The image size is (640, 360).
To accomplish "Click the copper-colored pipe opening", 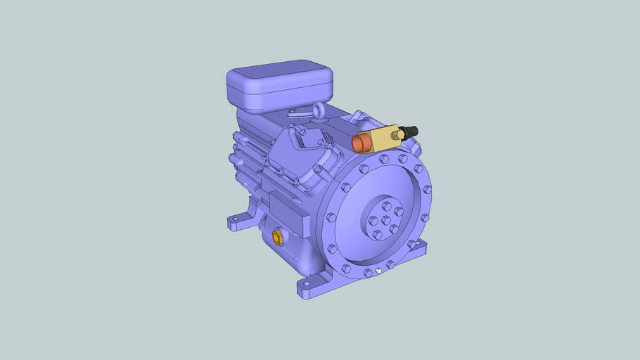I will click(360, 143).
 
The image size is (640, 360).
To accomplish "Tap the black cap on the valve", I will click(411, 131).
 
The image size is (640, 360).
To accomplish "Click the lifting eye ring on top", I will click(319, 110).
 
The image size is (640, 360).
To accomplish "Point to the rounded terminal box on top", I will click(279, 85).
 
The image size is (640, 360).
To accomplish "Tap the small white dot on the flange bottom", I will click(378, 270).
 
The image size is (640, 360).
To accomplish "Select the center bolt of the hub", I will click(385, 220).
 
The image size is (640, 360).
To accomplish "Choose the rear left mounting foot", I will click(238, 222).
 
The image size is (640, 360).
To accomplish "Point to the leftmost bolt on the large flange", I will click(330, 217).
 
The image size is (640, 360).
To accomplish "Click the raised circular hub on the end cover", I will click(385, 219).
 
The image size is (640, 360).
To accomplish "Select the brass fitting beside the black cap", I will click(399, 133).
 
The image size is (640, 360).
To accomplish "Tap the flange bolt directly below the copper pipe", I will click(364, 169).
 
